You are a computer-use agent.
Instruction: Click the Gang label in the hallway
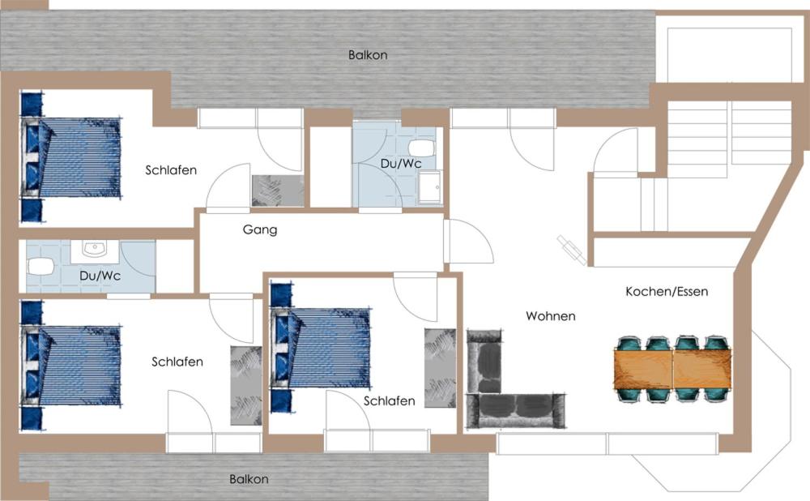point(260,229)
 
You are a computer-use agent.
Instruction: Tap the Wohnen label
point(551,316)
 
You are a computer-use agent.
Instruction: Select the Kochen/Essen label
point(667,292)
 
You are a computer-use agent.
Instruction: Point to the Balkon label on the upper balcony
point(368,55)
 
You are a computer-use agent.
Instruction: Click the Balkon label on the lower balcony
point(249,479)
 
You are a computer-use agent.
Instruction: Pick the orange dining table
point(672,368)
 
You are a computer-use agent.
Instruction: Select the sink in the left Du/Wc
point(95,250)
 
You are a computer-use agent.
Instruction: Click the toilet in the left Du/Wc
point(40,267)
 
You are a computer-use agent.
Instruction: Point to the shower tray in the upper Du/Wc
point(430,187)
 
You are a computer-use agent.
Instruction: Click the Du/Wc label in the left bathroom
point(100,276)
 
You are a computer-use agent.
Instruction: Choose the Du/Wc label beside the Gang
point(401,164)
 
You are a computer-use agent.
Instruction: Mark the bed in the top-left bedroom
point(70,158)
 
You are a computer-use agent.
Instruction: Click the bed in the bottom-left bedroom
point(70,366)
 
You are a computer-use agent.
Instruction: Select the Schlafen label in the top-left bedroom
point(171,170)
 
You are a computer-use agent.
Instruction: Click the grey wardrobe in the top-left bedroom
point(277,191)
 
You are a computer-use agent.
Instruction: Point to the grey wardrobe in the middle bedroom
point(440,368)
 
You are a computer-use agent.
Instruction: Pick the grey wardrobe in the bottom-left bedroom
point(246,386)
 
